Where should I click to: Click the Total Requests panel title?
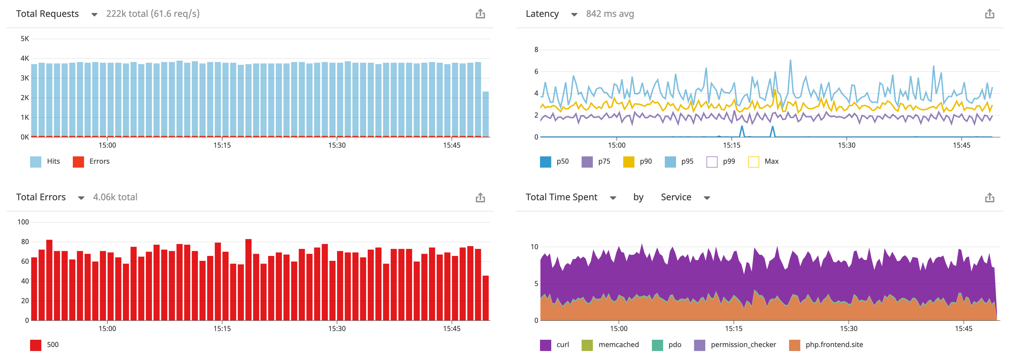pyautogui.click(x=48, y=14)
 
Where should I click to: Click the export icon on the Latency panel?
pyautogui.click(x=989, y=14)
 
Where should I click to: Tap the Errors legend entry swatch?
pyautogui.click(x=78, y=161)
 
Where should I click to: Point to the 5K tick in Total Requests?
pyautogui.click(x=25, y=39)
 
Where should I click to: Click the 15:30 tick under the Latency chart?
pyautogui.click(x=846, y=145)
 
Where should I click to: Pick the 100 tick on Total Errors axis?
pyautogui.click(x=23, y=222)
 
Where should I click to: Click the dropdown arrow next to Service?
pyautogui.click(x=707, y=198)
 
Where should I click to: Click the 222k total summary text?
pyautogui.click(x=153, y=14)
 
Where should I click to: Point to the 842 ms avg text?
pyautogui.click(x=610, y=14)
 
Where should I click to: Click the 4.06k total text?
pyautogui.click(x=115, y=197)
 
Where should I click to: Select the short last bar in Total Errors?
pyautogui.click(x=485, y=298)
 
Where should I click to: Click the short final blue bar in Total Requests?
pyautogui.click(x=485, y=114)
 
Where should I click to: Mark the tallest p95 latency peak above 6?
pyautogui.click(x=790, y=61)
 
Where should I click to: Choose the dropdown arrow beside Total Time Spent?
pyautogui.click(x=613, y=198)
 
